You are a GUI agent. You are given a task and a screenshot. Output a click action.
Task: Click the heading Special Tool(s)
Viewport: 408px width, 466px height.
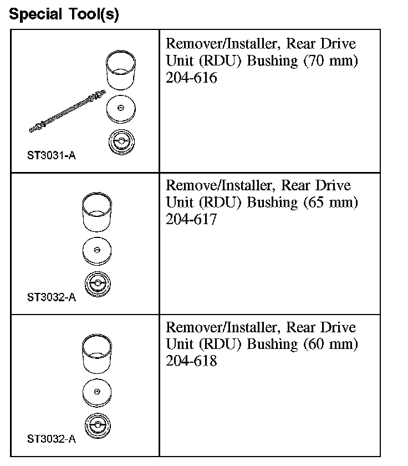click(x=64, y=14)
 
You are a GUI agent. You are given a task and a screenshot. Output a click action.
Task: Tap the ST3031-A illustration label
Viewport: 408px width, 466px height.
click(x=51, y=155)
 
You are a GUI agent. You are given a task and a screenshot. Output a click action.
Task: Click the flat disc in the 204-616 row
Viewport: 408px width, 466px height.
click(x=120, y=109)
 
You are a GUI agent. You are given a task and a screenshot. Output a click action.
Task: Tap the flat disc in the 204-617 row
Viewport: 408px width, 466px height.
click(x=98, y=250)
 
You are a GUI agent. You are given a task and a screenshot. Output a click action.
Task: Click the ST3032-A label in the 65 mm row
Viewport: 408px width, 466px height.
click(x=51, y=297)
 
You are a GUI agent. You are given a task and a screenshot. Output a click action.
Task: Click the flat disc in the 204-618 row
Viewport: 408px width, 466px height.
click(x=98, y=392)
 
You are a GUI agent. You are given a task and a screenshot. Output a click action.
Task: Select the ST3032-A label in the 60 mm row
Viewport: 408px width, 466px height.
click(x=51, y=439)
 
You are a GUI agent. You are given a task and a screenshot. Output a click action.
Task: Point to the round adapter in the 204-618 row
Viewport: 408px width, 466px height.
click(x=98, y=426)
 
